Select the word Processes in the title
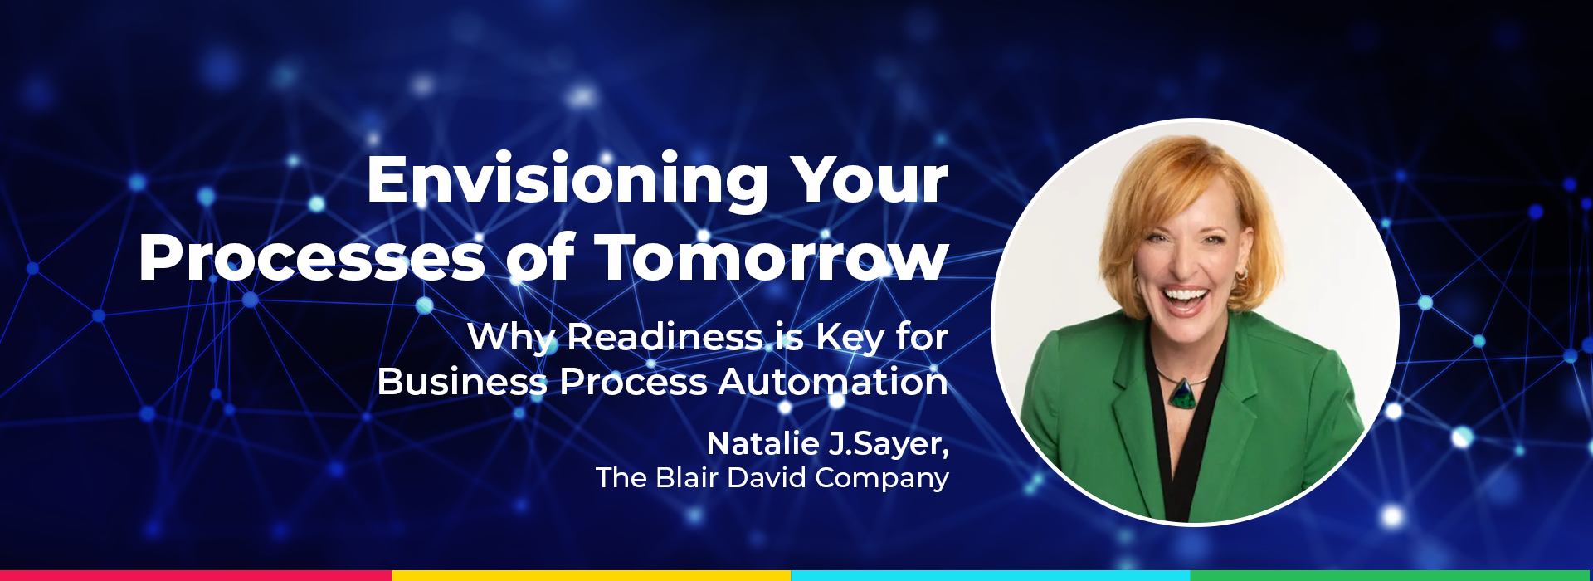point(311,258)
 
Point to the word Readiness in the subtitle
point(665,337)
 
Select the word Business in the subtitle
point(461,382)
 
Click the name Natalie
point(762,443)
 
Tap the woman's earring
point(1241,275)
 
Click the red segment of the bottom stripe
point(196,575)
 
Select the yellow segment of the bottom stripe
point(591,575)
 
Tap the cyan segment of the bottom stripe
point(990,575)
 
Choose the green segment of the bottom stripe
point(1391,575)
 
